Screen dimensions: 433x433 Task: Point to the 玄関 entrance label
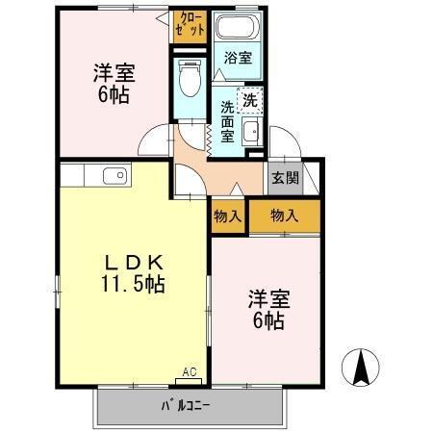(284, 177)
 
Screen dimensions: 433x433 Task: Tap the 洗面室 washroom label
(228, 121)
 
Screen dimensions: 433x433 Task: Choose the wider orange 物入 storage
(284, 216)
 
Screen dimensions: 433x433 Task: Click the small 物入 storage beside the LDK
(228, 216)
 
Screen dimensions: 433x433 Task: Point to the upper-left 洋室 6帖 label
(112, 83)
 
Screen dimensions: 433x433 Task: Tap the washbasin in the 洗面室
(252, 132)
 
